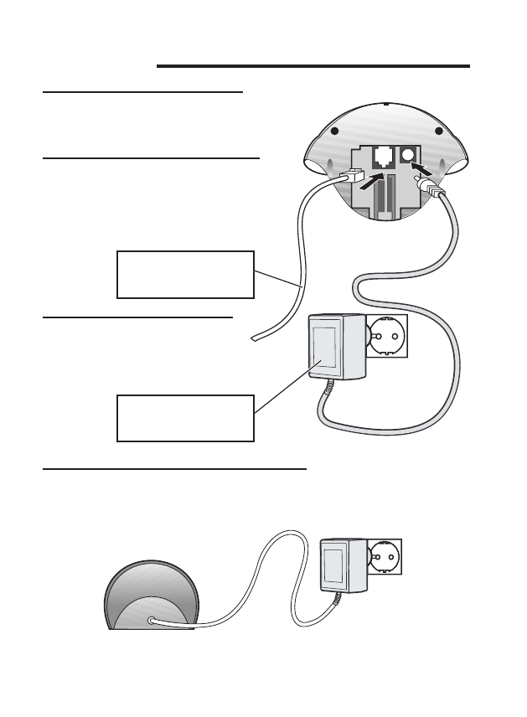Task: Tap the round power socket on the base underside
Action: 411,155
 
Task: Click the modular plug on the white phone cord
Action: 352,177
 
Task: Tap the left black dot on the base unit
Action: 335,132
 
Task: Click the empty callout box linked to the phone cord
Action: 184,274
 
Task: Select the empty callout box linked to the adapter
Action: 184,418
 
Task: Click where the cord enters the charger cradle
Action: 151,621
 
